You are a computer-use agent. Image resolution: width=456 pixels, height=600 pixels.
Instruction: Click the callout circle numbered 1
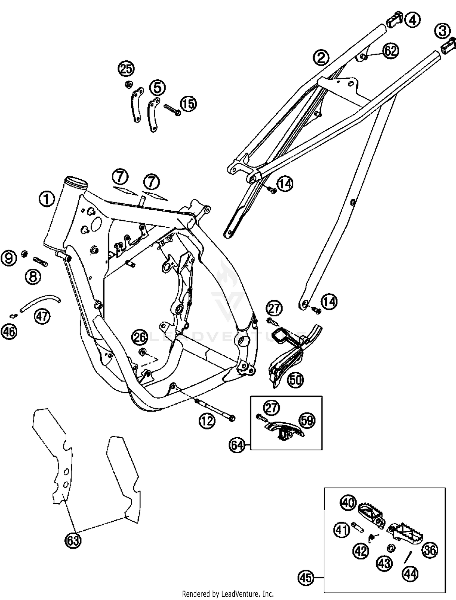coord(47,199)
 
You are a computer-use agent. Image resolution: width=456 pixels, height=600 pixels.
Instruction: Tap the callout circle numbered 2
coord(321,57)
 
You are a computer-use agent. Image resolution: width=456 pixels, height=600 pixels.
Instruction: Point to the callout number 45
coord(306,578)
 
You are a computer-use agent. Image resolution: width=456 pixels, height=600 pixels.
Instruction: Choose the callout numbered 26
coord(140,338)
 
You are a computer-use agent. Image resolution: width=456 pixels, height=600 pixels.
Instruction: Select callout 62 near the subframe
coord(390,51)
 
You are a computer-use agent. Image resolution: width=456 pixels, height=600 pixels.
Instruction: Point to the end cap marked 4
coord(394,19)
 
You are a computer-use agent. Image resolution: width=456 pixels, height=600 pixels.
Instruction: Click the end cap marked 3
coord(449,45)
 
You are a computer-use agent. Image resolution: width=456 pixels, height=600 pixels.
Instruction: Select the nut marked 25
coord(129,84)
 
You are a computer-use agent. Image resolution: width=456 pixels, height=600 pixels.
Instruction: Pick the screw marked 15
coord(172,110)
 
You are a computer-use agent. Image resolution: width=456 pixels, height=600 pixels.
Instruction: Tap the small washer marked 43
coord(391,547)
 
